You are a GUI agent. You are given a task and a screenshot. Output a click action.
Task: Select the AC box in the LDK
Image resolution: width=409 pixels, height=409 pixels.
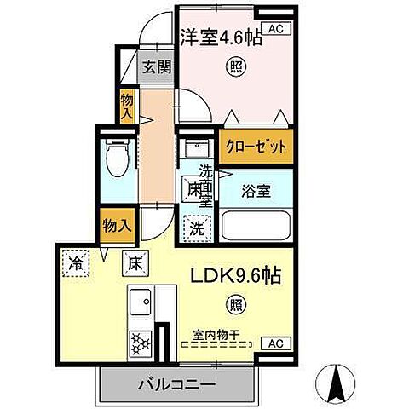[x=274, y=343]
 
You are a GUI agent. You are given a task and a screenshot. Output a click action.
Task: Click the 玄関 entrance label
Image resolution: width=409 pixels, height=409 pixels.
[x=155, y=65]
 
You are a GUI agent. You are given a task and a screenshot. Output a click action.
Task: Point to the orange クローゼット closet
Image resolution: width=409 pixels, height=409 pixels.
[x=256, y=147]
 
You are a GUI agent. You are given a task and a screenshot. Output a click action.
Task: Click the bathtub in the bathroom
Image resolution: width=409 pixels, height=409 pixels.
[x=255, y=225]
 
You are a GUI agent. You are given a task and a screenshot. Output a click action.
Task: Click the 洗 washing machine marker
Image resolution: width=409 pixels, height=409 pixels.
[x=197, y=228]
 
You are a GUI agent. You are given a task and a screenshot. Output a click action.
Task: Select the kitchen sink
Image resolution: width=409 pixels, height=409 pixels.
[x=141, y=303]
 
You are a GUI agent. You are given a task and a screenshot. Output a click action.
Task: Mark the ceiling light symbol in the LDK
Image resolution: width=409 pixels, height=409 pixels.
[x=233, y=302]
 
